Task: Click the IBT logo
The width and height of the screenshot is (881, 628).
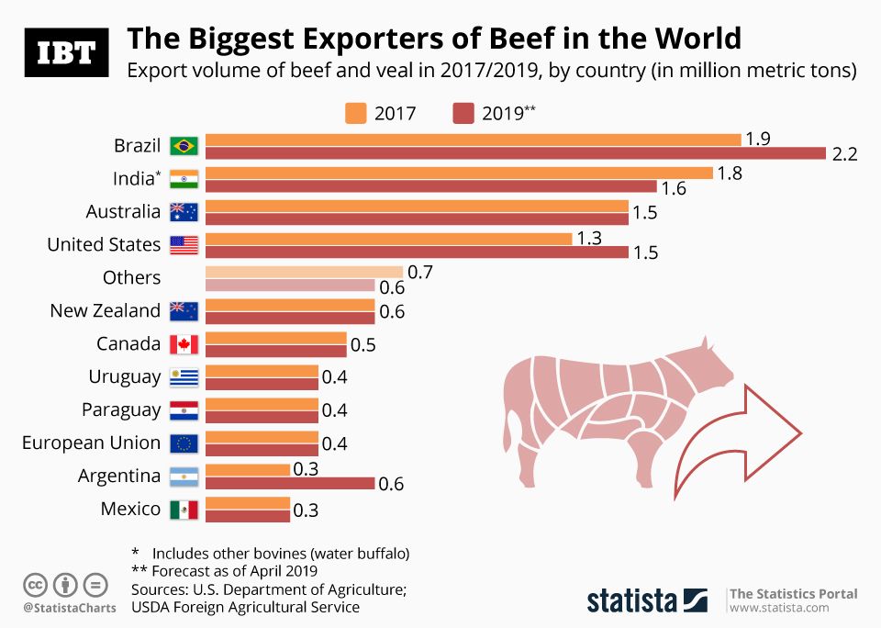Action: coord(65,52)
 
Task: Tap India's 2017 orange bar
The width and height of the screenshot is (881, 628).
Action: coord(459,173)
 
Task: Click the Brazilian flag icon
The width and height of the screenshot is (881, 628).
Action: coord(184,146)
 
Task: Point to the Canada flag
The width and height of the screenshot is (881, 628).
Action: coord(184,344)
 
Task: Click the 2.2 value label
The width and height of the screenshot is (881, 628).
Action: coord(844,154)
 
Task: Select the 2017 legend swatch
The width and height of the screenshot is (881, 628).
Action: coord(356,113)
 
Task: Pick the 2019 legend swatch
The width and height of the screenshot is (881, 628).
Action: coord(463,113)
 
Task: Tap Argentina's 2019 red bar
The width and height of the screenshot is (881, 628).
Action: coord(290,484)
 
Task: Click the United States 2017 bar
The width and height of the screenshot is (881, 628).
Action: coord(389,239)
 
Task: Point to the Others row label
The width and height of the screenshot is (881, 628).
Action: coord(132,277)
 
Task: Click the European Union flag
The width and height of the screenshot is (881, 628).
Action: coord(184,443)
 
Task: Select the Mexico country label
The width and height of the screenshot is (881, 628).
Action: coord(130,509)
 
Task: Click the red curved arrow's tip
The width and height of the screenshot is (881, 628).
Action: coord(801,432)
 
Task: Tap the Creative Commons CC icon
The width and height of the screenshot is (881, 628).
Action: coord(35,584)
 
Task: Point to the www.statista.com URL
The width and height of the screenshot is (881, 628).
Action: coord(773,608)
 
